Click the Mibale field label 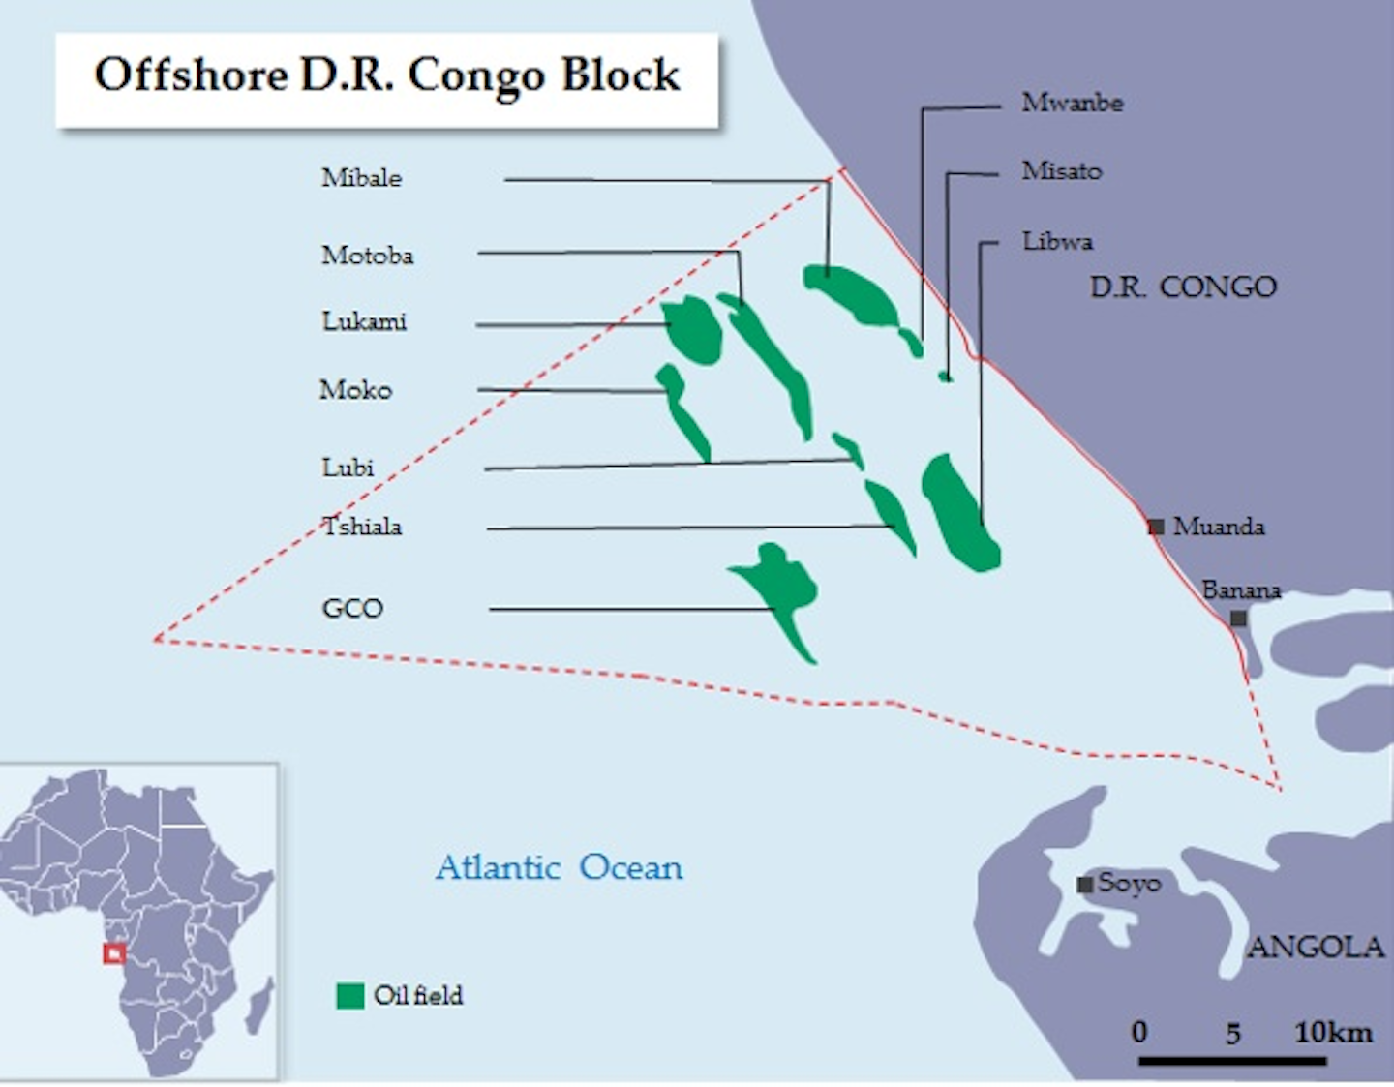(361, 178)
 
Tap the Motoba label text (367, 256)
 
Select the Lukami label (364, 321)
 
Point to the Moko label (355, 390)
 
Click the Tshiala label (362, 527)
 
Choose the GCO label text (352, 609)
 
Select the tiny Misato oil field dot (946, 377)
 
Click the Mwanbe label (1072, 103)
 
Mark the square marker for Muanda (1156, 527)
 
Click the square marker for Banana (1238, 618)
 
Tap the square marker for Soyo (1085, 884)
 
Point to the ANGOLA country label (1315, 947)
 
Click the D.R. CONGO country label (1183, 287)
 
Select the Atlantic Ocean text (559, 867)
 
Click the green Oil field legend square (349, 996)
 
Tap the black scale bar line (1231, 1061)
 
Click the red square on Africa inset (114, 953)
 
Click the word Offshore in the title (191, 75)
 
